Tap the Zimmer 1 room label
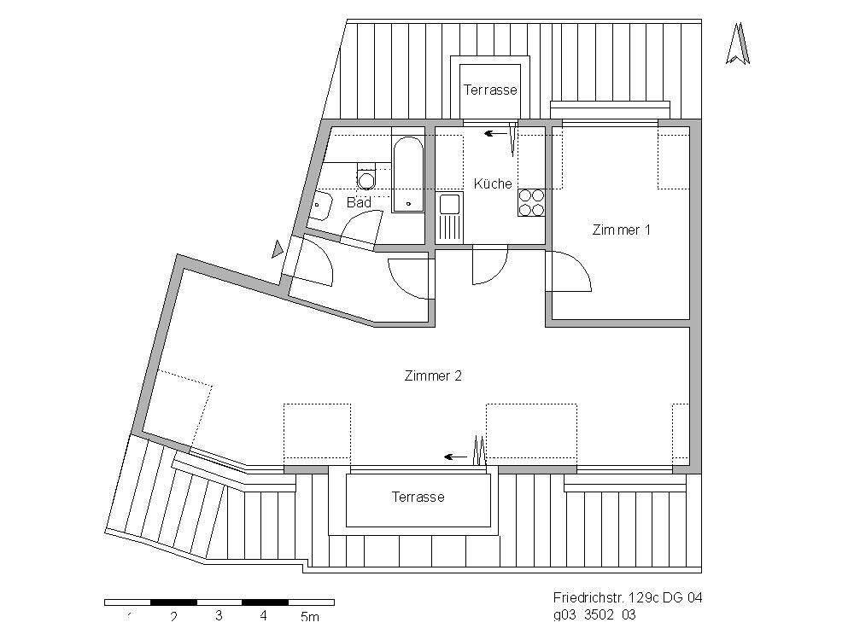(x=622, y=230)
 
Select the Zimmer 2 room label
(x=433, y=375)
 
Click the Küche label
(x=493, y=183)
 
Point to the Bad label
(x=359, y=203)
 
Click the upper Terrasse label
(x=490, y=90)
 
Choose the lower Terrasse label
(x=418, y=497)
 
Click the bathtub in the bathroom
(x=408, y=174)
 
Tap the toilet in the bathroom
(x=367, y=178)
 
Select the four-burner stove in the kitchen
(x=531, y=202)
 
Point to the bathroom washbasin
(x=321, y=205)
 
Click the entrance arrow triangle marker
(x=277, y=249)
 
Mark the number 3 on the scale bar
(x=219, y=616)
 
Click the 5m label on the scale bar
(x=309, y=616)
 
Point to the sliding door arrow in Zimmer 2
(x=455, y=457)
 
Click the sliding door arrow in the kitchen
(x=494, y=133)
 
